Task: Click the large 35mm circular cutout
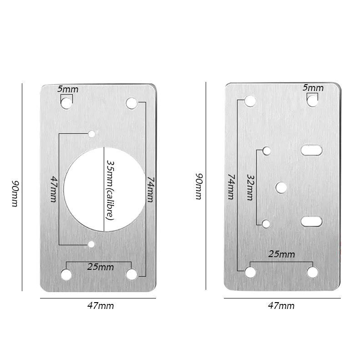84,189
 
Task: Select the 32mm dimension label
250,187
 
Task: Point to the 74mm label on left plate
151,189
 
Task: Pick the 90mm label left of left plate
15,194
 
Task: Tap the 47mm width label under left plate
101,306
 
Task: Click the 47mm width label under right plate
281,306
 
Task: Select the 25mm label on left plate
101,267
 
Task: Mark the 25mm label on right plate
281,254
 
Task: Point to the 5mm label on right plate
313,88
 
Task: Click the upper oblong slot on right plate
312,150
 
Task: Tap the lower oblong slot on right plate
312,222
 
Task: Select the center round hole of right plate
281,187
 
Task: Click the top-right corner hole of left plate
131,103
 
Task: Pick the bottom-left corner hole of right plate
250,273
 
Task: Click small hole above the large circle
91,134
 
